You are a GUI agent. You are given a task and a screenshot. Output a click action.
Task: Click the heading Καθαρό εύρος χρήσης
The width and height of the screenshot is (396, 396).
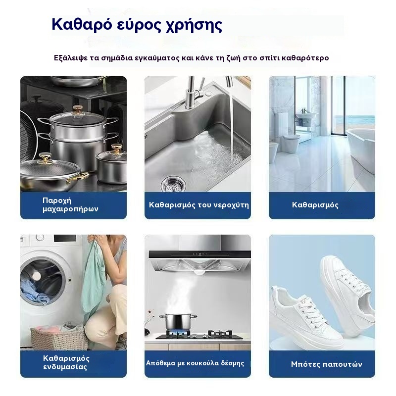tap(137, 25)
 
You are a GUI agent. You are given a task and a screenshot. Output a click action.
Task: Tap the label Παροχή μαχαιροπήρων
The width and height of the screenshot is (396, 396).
tap(70, 204)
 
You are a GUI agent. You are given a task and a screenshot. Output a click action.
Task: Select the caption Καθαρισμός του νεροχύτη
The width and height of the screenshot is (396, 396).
tap(199, 205)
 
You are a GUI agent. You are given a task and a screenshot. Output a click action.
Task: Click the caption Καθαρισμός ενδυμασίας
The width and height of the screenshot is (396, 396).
tap(66, 362)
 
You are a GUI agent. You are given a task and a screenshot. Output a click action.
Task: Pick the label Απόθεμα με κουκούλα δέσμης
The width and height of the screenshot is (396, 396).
tap(195, 363)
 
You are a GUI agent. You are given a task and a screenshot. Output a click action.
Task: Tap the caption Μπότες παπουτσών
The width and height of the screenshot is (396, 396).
tap(326, 364)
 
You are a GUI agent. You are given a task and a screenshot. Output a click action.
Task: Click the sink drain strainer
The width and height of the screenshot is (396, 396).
tap(173, 184)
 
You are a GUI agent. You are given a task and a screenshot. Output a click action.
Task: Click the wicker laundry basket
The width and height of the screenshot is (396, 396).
tap(59, 338)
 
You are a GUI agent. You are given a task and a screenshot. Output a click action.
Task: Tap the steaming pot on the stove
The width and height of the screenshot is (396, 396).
tap(178, 322)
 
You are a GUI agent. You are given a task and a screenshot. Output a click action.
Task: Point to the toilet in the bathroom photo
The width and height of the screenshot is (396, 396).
tap(291, 144)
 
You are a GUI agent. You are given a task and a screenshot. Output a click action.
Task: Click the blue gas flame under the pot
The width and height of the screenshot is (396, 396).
tap(178, 332)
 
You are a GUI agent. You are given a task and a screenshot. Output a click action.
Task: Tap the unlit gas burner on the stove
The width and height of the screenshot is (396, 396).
tap(219, 334)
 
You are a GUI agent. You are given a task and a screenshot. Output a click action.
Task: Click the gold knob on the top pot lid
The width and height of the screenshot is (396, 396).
tap(78, 109)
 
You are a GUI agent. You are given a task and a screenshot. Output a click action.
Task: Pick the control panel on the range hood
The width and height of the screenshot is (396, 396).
tap(200, 254)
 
